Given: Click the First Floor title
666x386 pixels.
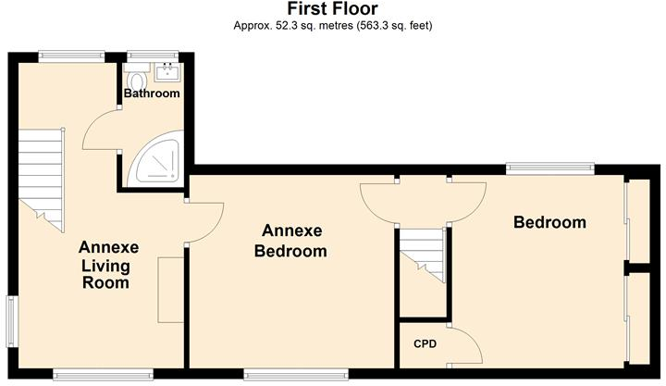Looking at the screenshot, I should (x=332, y=9).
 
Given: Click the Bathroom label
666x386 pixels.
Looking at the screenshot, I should (x=152, y=93).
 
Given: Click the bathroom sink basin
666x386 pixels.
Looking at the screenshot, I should (x=168, y=71).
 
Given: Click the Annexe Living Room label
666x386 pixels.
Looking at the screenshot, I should (x=108, y=265).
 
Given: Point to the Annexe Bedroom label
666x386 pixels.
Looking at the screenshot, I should (x=294, y=240).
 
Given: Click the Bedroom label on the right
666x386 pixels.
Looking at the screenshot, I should (x=550, y=222).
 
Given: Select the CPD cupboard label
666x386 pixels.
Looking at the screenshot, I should (x=425, y=344).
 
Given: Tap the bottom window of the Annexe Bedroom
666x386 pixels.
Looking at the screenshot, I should (x=296, y=374).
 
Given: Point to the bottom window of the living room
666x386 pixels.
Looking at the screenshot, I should (x=102, y=374).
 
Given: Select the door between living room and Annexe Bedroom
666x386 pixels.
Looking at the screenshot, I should (x=206, y=222).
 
